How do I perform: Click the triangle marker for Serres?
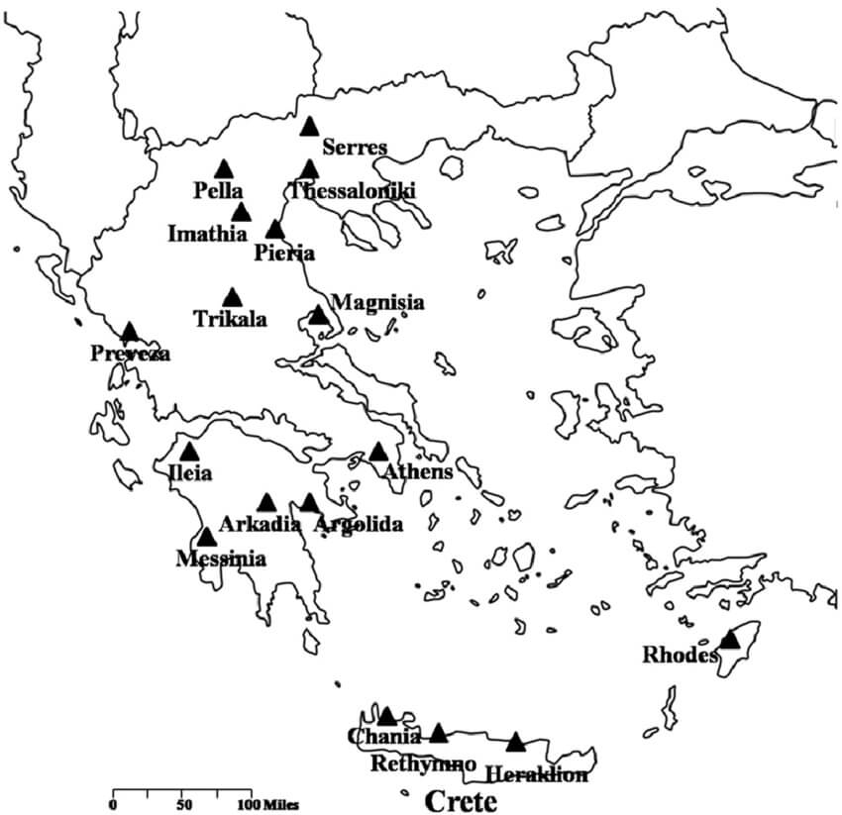pyautogui.click(x=309, y=127)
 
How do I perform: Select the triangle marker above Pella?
pyautogui.click(x=224, y=169)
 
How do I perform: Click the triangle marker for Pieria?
pyautogui.click(x=275, y=230)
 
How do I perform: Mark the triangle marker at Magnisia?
pyautogui.click(x=318, y=316)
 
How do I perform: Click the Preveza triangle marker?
pyautogui.click(x=130, y=332)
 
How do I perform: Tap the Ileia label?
pyautogui.click(x=190, y=473)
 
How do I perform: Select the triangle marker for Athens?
pyautogui.click(x=378, y=453)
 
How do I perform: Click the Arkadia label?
pyautogui.click(x=260, y=525)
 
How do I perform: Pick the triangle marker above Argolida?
pyautogui.click(x=310, y=504)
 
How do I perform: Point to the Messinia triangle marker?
pyautogui.click(x=206, y=538)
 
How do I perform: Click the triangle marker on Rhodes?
pyautogui.click(x=730, y=639)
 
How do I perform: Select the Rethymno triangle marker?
pyautogui.click(x=439, y=734)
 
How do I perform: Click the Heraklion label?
pyautogui.click(x=536, y=774)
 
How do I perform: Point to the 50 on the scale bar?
pyautogui.click(x=183, y=803)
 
